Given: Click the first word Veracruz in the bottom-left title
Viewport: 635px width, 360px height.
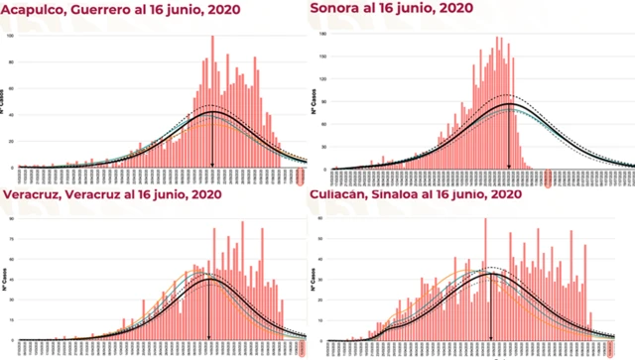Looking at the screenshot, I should [x=34, y=195].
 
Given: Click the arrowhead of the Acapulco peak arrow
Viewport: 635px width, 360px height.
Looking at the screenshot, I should [x=211, y=163].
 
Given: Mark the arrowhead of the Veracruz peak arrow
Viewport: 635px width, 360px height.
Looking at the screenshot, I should [x=209, y=337].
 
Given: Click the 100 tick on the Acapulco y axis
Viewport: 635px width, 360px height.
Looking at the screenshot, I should [x=11, y=37].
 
